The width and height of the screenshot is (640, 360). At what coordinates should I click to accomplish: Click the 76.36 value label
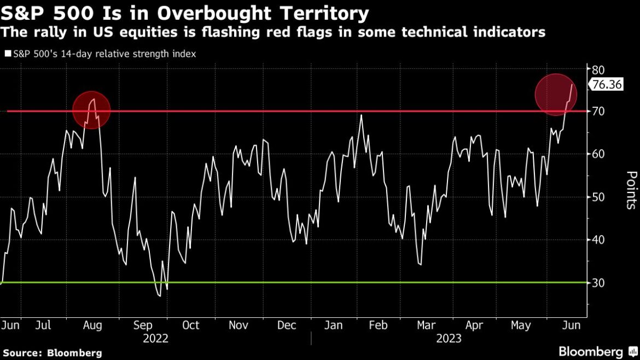coord(606,85)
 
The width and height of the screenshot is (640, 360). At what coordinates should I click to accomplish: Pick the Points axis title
coord(631,190)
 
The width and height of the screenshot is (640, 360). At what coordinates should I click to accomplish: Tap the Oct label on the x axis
coord(190,325)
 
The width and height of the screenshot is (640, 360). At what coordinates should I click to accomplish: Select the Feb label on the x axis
coord(378,325)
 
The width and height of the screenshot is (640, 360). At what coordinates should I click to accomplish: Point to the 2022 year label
coord(155,339)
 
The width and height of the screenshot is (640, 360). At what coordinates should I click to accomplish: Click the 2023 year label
coord(448,339)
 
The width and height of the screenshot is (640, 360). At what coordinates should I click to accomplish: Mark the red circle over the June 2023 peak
coord(556,95)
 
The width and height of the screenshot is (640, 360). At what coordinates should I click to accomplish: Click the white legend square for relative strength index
coord(7,54)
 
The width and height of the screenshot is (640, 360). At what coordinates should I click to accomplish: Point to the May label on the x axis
coord(520,325)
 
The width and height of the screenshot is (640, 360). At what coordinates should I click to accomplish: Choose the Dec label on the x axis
coord(287,325)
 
